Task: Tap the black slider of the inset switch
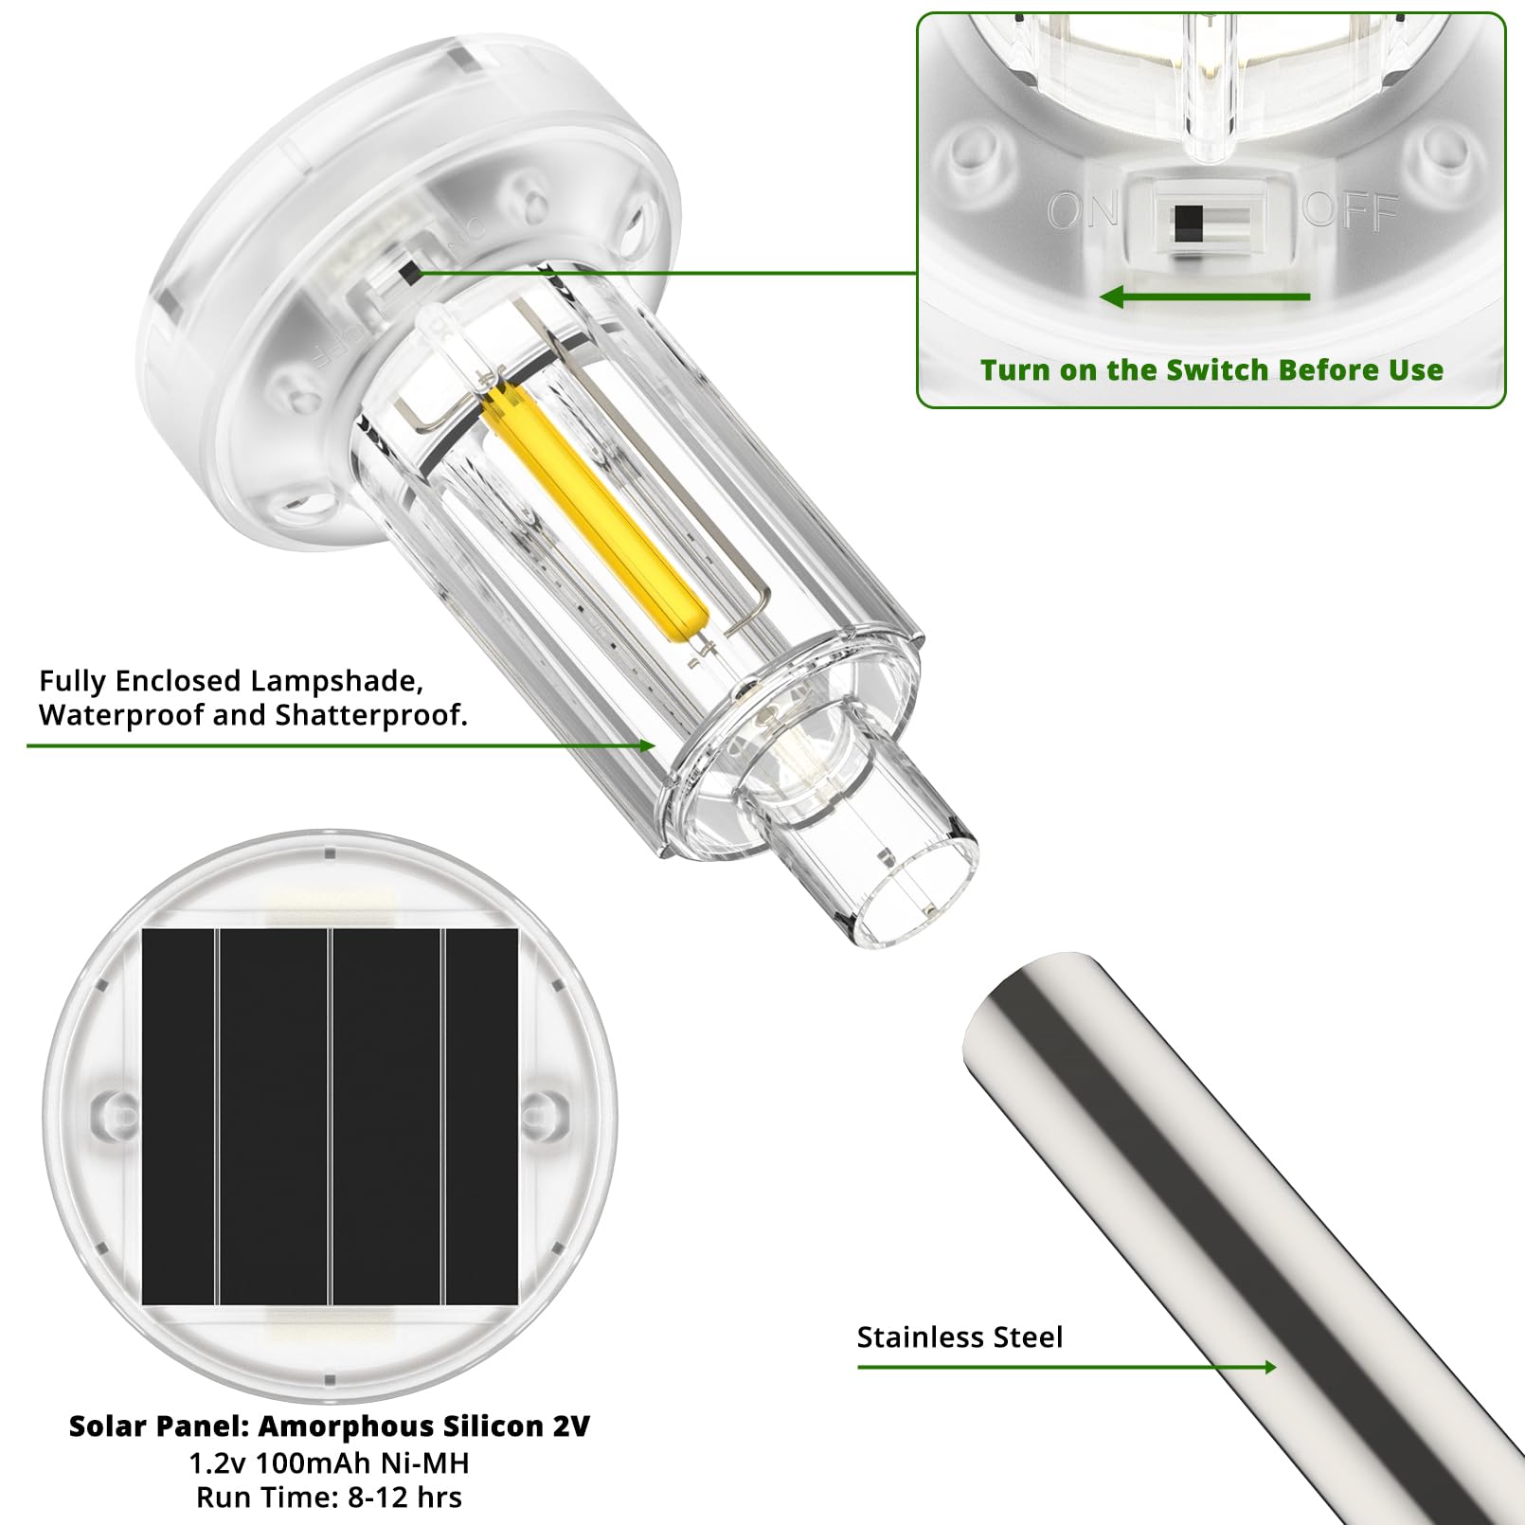tap(1188, 224)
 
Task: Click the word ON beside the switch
tap(1083, 210)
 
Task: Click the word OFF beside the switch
tap(1351, 210)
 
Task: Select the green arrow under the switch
tap(1205, 297)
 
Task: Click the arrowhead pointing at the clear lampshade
tap(647, 745)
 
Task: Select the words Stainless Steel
tap(960, 1337)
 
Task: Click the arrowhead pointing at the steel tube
tap(1268, 1367)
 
